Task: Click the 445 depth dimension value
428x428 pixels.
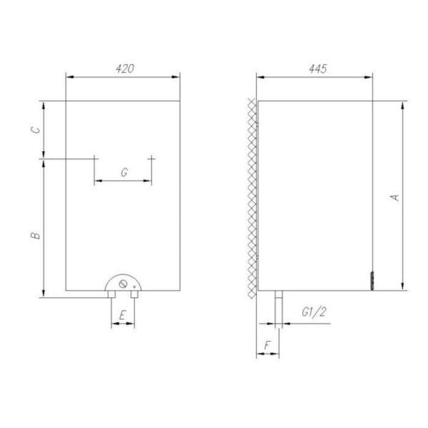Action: click(317, 68)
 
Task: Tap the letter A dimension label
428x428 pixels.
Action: click(396, 197)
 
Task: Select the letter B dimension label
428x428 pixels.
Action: click(36, 234)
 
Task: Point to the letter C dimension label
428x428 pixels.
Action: click(36, 130)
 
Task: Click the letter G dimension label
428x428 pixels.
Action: click(124, 173)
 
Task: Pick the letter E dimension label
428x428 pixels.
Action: click(122, 315)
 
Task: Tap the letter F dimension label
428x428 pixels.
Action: click(267, 346)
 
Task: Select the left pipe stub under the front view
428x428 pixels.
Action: click(111, 294)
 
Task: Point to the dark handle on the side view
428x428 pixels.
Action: click(371, 281)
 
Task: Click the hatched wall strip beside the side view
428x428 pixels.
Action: click(251, 196)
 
